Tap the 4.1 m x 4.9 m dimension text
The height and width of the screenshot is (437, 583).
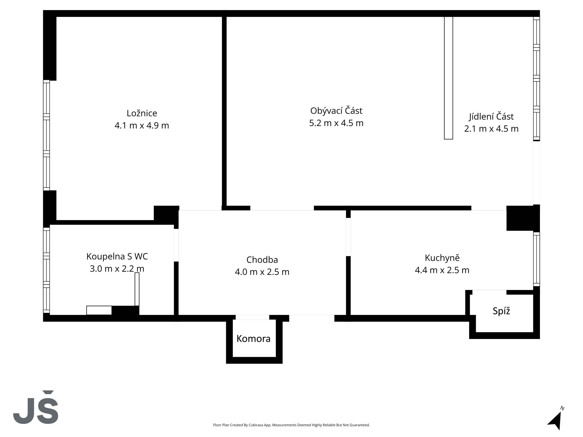[x=142, y=125]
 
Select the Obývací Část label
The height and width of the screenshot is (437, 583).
[x=336, y=111]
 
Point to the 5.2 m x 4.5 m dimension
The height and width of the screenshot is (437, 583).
[x=336, y=123]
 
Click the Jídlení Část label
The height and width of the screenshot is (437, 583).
[x=491, y=117]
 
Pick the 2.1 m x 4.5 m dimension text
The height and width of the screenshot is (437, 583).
[x=491, y=129]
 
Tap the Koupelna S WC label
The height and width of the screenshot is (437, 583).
[x=117, y=256]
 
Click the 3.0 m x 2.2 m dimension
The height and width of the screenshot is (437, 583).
[x=117, y=269]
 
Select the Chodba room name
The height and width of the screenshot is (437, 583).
[x=262, y=260]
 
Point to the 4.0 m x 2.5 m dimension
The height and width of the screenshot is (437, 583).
[x=262, y=272]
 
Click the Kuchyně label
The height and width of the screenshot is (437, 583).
[x=442, y=258]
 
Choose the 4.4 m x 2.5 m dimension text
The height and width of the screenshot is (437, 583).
[x=442, y=270]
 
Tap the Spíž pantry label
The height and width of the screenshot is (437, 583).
[x=501, y=311]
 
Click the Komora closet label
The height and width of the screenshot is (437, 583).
[x=253, y=339]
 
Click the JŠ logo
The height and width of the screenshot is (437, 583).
[x=36, y=407]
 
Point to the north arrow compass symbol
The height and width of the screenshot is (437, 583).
[x=556, y=419]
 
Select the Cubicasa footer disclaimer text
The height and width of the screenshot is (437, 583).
[x=291, y=425]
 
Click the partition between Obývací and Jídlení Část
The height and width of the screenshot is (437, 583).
[x=449, y=78]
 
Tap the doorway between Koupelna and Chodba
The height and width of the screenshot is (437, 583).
[x=176, y=245]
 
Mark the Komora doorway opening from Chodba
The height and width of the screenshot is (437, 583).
[x=253, y=318]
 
